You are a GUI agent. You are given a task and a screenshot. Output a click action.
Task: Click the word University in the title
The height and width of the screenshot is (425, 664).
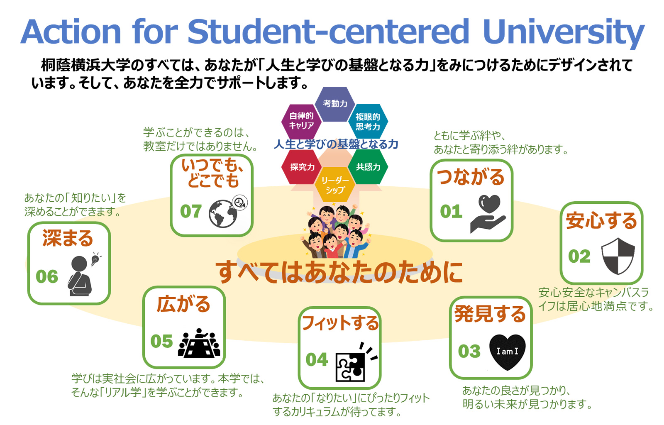tap(564, 33)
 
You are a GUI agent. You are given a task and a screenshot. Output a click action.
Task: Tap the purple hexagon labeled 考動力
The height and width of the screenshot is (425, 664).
tap(335, 104)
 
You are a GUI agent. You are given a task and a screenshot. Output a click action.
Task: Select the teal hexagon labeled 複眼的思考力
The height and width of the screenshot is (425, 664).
tap(368, 122)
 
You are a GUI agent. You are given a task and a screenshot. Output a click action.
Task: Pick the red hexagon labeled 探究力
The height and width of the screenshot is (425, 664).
tap(302, 166)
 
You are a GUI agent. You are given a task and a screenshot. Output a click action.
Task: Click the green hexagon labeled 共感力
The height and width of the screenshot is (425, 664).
tap(368, 166)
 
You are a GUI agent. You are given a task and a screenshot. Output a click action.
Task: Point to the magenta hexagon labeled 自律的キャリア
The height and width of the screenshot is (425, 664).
tap(302, 122)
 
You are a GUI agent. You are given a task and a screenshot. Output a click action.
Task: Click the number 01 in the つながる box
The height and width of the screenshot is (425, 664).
tap(451, 211)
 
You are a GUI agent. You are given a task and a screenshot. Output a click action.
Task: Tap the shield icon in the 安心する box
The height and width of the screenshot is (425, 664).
tap(618, 256)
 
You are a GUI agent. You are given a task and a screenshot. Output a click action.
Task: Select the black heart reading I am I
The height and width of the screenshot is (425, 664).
tap(507, 352)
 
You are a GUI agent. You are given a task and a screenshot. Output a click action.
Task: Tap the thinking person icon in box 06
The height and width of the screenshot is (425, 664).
tap(83, 274)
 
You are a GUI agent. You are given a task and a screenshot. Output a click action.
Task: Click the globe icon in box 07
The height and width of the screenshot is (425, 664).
tap(222, 214)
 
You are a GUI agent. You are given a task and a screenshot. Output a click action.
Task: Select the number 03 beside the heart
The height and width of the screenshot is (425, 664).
tap(469, 351)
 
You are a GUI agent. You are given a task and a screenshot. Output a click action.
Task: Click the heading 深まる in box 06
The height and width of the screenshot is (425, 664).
tap(68, 238)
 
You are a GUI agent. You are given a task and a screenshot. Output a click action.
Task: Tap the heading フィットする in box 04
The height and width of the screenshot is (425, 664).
tap(340, 322)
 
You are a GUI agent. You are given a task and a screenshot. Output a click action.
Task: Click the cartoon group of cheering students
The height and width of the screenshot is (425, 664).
tap(335, 231)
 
